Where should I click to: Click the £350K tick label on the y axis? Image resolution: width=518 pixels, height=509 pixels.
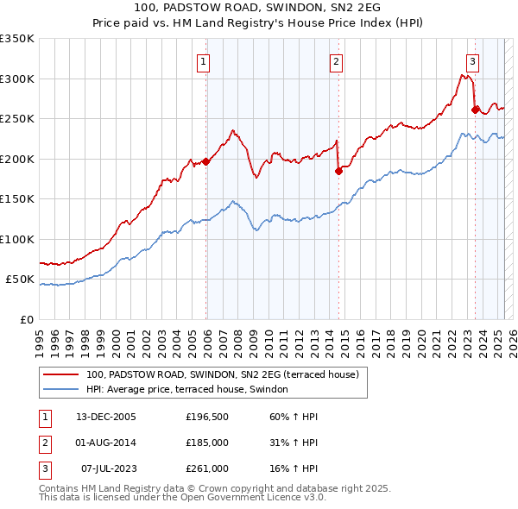[x=17, y=39]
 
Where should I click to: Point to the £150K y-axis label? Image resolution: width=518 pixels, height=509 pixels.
[x=17, y=198]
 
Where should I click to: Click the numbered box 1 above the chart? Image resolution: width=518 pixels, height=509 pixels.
[x=203, y=61]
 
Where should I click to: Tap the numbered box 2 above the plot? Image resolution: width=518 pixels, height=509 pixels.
[x=336, y=61]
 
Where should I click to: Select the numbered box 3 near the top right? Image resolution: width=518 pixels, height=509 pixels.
[x=473, y=61]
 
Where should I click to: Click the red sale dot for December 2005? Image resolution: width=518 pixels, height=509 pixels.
[x=206, y=161]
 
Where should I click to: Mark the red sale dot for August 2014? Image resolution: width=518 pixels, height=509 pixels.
[x=338, y=171]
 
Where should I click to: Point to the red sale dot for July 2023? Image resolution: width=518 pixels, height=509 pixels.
[x=476, y=110]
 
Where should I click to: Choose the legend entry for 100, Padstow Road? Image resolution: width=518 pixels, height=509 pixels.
[x=227, y=374]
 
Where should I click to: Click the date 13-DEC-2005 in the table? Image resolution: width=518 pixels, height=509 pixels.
[x=106, y=417]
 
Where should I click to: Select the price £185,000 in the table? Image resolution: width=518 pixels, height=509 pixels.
[x=207, y=443]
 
